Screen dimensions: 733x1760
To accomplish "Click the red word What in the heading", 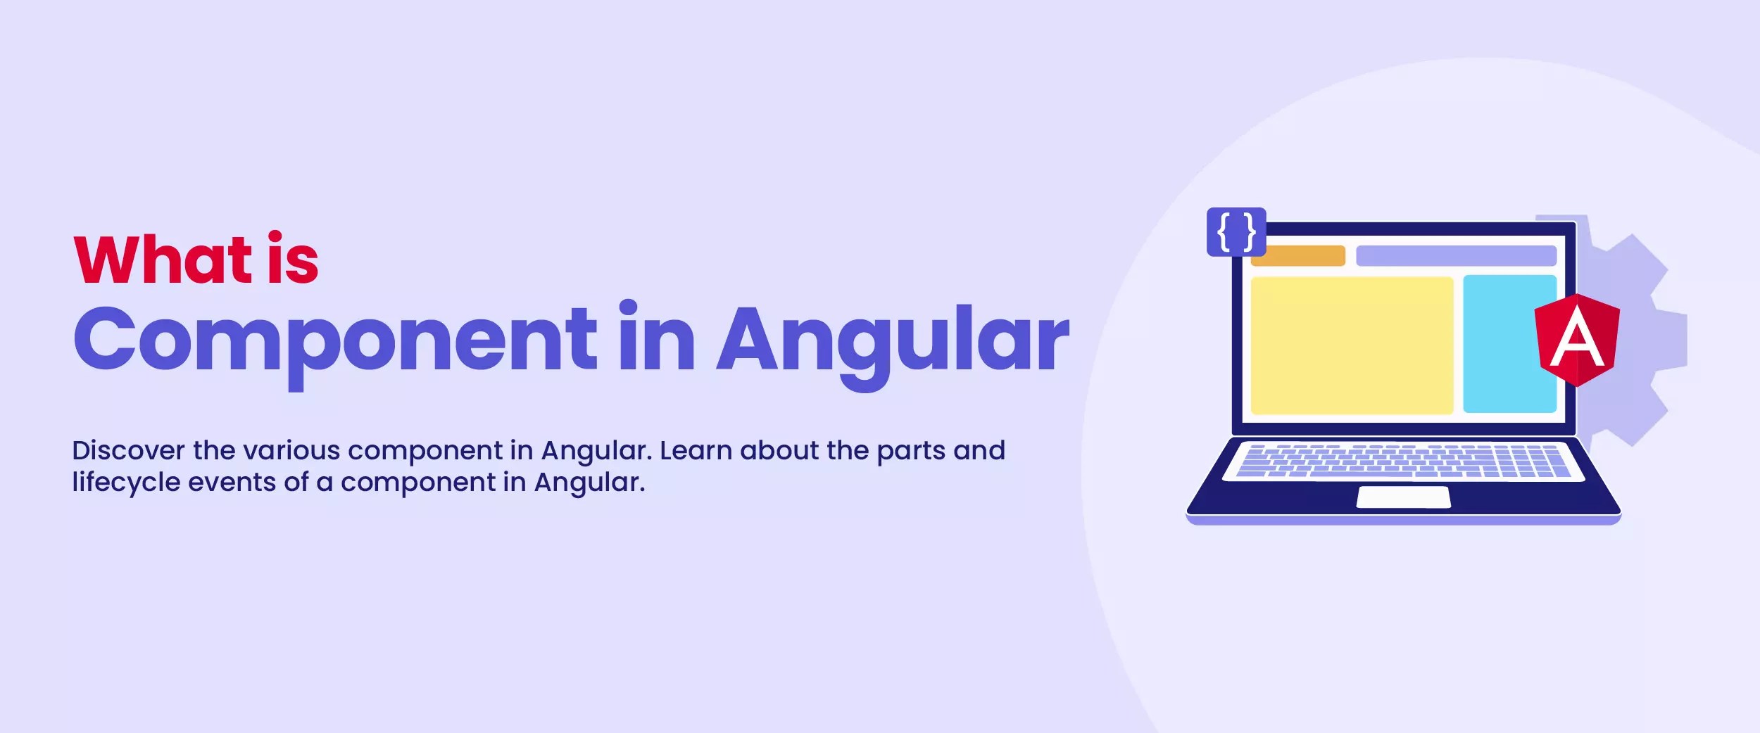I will [163, 260].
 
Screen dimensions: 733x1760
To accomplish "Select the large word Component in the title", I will [335, 339].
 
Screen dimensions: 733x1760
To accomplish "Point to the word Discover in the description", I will [128, 450].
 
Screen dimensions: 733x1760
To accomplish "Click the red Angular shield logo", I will [1577, 340].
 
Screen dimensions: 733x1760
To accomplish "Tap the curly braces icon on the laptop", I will [1236, 231].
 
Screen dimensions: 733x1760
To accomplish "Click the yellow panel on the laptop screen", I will [1352, 345].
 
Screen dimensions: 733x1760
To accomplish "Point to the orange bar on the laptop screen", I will [1297, 255].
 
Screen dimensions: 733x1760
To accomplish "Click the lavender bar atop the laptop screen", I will [1456, 255].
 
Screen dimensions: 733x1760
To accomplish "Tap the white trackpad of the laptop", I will [1403, 497].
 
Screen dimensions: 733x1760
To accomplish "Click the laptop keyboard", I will [1403, 461].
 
